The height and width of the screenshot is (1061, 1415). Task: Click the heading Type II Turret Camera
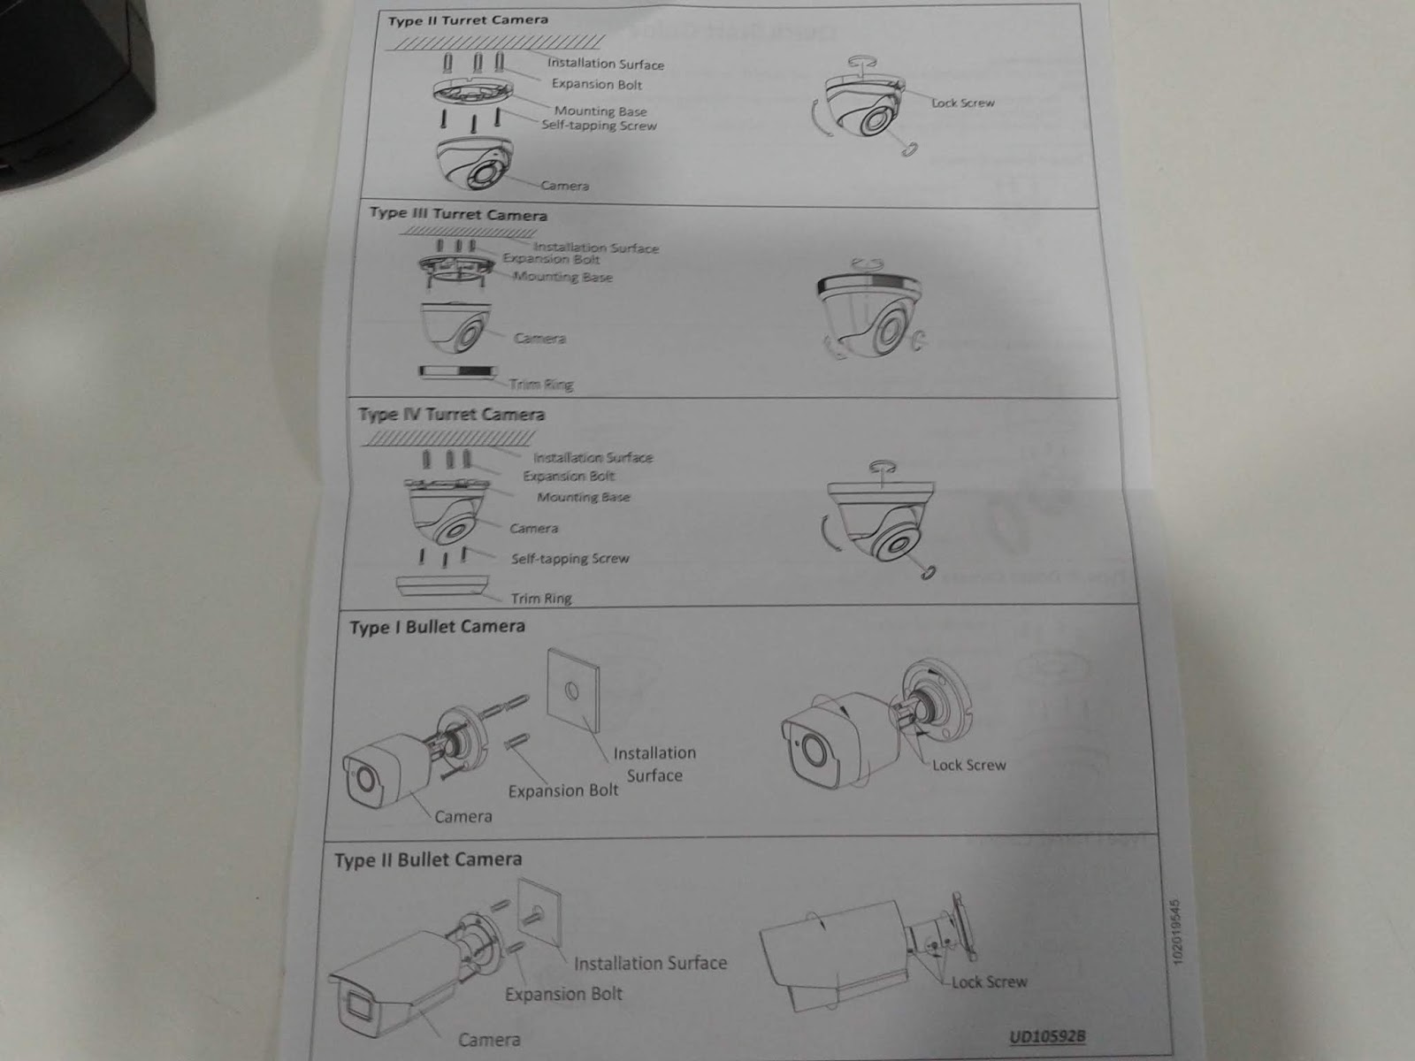(468, 19)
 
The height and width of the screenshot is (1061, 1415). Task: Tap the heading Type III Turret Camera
(458, 214)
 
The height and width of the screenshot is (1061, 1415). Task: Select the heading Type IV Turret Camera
(451, 414)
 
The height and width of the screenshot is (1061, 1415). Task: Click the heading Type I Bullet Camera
(437, 627)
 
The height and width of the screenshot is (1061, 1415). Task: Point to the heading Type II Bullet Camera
(428, 859)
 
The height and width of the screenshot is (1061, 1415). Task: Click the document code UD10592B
(1047, 1036)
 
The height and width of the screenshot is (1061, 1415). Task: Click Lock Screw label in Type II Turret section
(962, 103)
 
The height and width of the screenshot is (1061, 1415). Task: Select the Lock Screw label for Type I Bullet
(968, 765)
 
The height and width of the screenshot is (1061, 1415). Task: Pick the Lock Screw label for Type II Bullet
(989, 981)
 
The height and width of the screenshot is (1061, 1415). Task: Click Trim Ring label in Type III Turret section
(541, 385)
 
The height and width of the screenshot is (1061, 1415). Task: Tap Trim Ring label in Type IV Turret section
(541, 598)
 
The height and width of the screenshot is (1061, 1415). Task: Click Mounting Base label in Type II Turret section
(600, 111)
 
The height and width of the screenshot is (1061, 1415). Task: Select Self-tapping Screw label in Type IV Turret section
(570, 559)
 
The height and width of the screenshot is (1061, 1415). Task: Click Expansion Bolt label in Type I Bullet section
(563, 790)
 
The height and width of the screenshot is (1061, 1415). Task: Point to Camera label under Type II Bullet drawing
(489, 1040)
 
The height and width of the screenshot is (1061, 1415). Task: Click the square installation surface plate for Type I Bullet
(573, 691)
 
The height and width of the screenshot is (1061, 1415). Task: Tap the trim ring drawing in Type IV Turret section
(442, 586)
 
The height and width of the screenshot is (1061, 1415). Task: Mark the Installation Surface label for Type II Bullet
(650, 963)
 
